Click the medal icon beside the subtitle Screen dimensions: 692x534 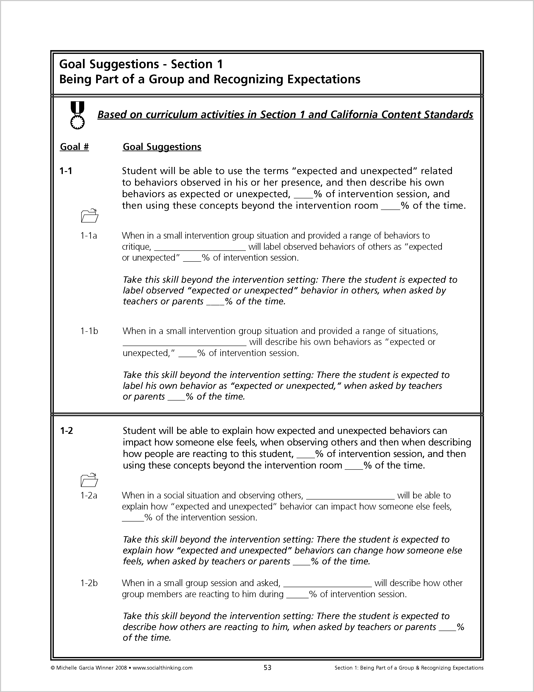(x=77, y=115)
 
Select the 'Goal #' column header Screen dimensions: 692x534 (x=74, y=147)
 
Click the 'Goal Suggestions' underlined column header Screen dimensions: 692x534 (x=162, y=147)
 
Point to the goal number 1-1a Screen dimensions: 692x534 (x=89, y=236)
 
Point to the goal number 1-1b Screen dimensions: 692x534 (x=89, y=331)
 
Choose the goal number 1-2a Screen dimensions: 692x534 (x=89, y=496)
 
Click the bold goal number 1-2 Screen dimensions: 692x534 (x=66, y=431)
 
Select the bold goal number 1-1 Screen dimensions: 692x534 (x=66, y=171)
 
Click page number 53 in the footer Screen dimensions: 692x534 (x=268, y=668)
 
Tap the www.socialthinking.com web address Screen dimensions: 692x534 (x=163, y=668)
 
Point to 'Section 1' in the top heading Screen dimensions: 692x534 (x=197, y=64)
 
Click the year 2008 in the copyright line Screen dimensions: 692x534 (x=121, y=668)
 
